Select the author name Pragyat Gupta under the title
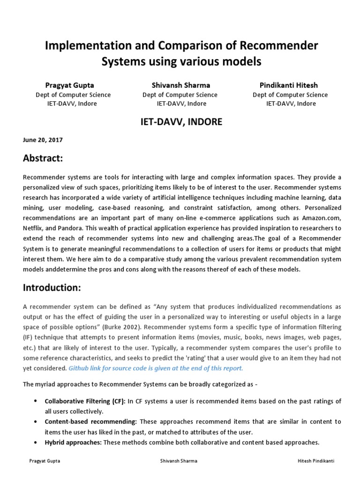[69, 85]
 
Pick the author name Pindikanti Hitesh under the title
[288, 85]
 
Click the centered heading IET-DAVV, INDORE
[180, 122]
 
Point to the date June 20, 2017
[43, 140]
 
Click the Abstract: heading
[43, 158]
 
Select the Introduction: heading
[52, 287]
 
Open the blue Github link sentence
[156, 368]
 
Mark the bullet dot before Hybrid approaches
[37, 442]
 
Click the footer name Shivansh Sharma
[179, 461]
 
